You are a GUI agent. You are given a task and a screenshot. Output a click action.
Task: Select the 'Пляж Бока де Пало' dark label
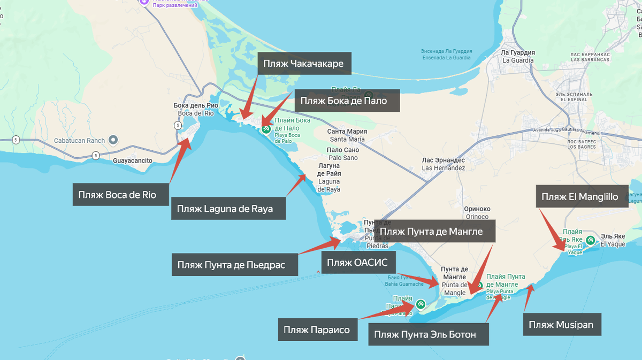[x=347, y=101]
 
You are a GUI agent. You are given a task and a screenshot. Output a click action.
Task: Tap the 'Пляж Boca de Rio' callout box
[x=117, y=195]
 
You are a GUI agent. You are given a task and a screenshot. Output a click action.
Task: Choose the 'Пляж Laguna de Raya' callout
[x=228, y=208]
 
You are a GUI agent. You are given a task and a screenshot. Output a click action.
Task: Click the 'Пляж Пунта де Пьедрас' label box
[x=234, y=265]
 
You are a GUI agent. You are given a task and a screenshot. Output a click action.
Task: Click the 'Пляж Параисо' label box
[x=317, y=330]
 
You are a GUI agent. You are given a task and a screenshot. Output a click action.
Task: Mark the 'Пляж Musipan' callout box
[x=561, y=325]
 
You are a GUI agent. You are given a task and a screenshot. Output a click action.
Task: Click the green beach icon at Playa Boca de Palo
[x=266, y=129]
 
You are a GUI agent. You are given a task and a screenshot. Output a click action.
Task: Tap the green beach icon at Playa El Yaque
[x=590, y=241]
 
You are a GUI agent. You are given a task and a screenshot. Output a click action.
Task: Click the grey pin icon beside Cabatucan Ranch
[x=113, y=140]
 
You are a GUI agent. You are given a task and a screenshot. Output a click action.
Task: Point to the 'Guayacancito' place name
[x=133, y=160]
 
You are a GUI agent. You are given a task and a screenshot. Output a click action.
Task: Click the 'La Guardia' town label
[x=518, y=57]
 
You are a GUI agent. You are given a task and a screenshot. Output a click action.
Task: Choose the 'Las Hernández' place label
[x=444, y=164]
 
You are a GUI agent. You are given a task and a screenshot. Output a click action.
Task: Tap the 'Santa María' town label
[x=347, y=135]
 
